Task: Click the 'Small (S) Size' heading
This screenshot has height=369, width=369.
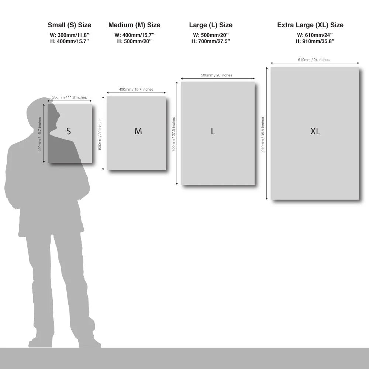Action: (x=69, y=25)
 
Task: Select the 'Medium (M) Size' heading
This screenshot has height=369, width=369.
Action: (x=134, y=25)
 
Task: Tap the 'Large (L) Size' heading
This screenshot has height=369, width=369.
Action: (x=211, y=25)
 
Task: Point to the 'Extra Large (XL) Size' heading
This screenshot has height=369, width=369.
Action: (x=310, y=25)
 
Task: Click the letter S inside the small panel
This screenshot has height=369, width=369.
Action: (x=69, y=131)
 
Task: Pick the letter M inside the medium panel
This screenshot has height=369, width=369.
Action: (x=138, y=131)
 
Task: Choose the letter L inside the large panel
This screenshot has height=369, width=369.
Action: (x=213, y=131)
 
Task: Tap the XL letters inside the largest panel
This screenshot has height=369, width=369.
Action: (x=315, y=131)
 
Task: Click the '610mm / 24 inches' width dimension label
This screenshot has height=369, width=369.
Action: (x=314, y=60)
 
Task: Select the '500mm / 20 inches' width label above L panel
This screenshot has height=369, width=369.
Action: (x=217, y=75)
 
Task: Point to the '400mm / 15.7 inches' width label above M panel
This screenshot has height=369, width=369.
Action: (x=136, y=89)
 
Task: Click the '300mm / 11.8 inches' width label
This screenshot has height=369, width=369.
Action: (x=69, y=97)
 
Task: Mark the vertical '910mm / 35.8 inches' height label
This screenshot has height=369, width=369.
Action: (x=263, y=134)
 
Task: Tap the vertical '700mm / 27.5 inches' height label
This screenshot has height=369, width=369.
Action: (x=173, y=134)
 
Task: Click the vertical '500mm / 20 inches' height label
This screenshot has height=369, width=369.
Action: (x=100, y=134)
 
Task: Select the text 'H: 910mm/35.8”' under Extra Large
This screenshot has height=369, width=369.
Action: (x=315, y=41)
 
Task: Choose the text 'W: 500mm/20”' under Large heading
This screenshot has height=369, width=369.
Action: (x=211, y=35)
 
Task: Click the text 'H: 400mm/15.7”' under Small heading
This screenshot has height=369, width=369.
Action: (x=69, y=41)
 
